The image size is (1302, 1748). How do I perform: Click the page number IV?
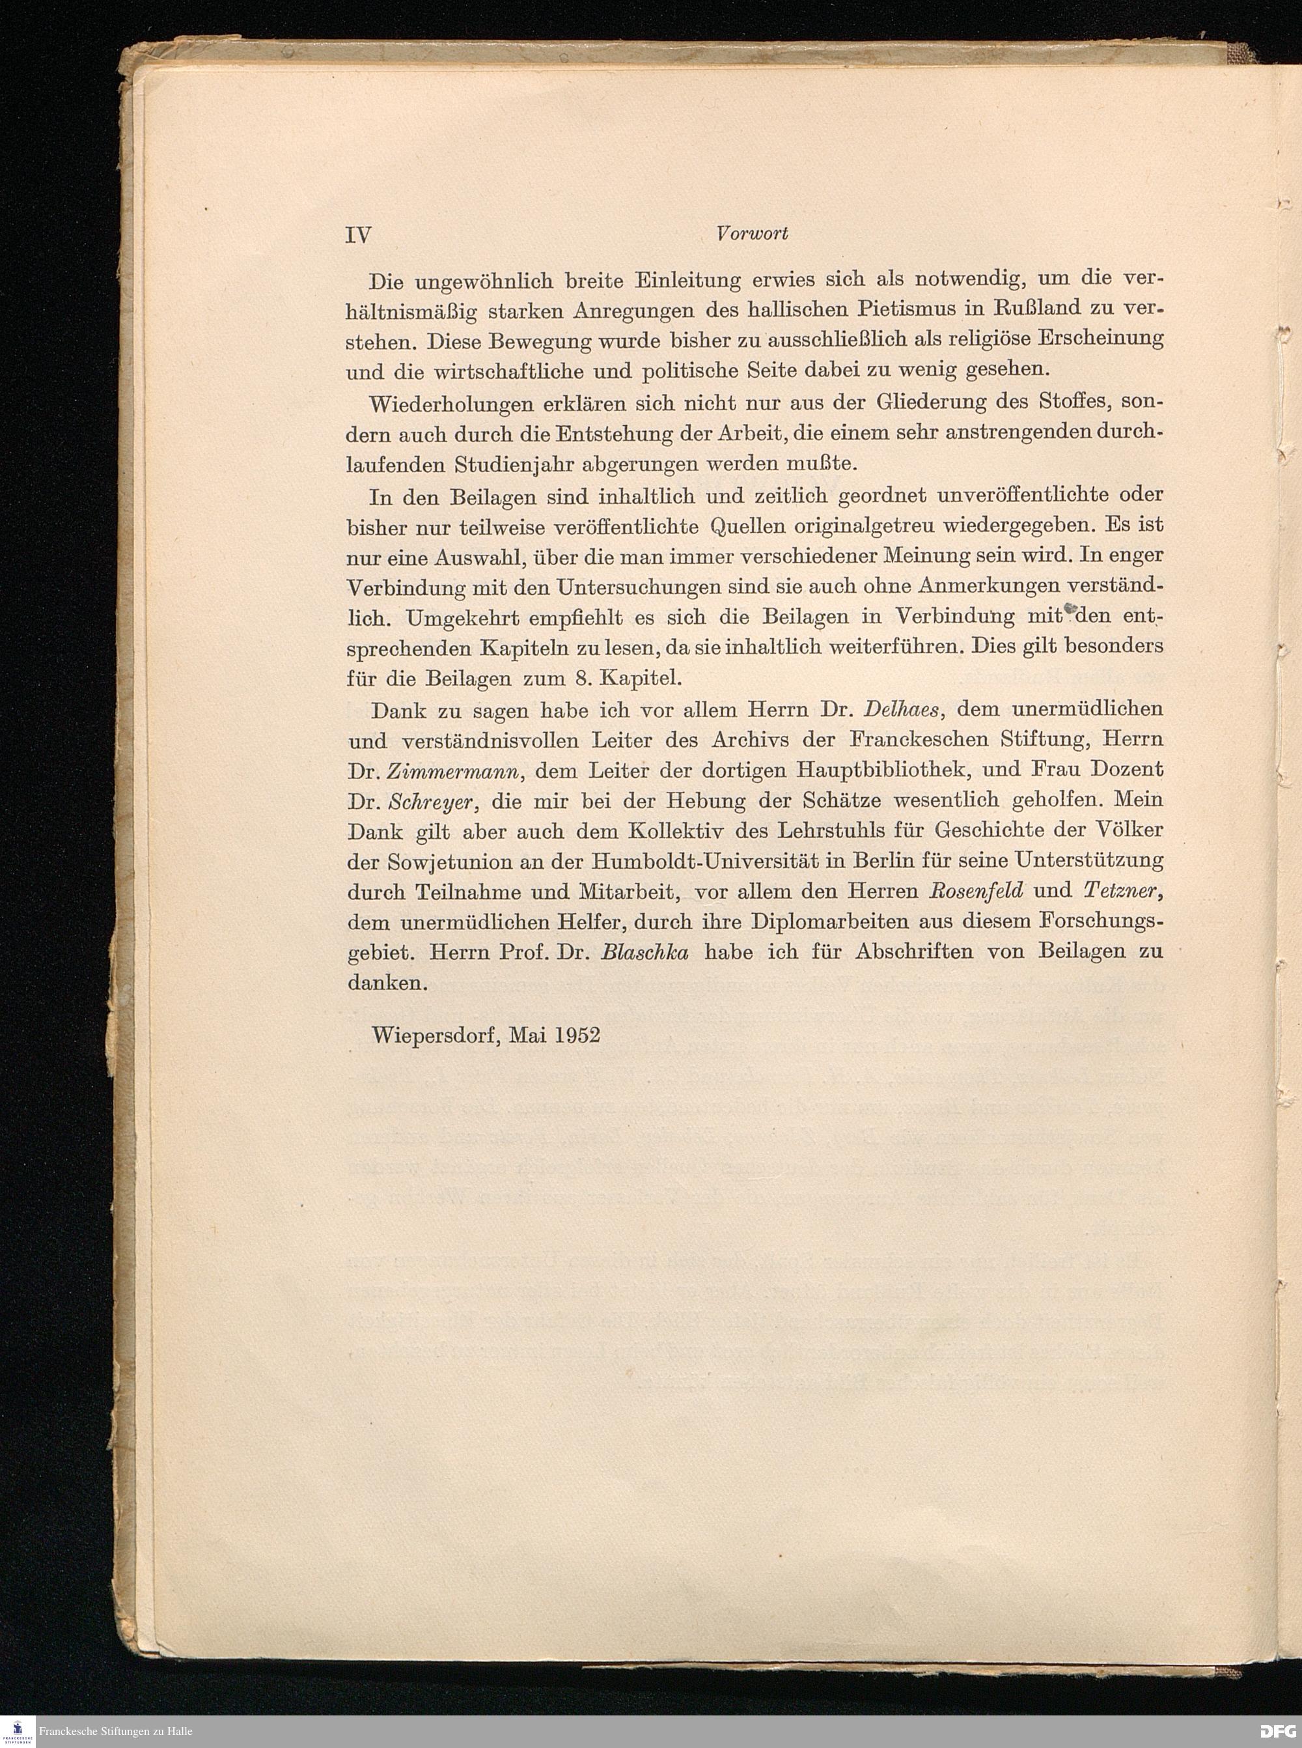359,235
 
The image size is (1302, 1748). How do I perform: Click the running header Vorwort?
755,233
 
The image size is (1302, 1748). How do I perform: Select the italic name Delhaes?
899,708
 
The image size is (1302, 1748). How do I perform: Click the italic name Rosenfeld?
977,891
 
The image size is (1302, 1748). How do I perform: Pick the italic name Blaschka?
644,952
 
